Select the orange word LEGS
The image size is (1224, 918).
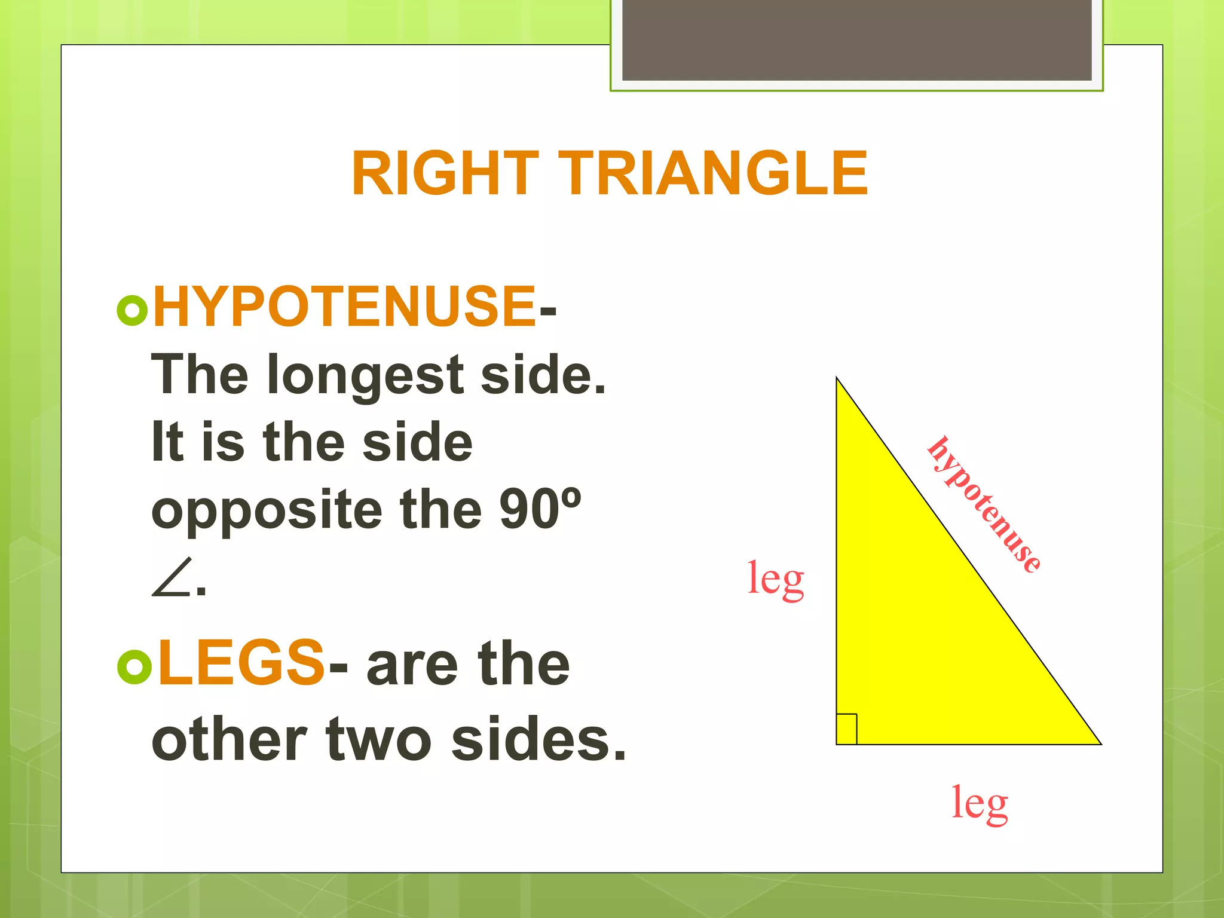(x=241, y=662)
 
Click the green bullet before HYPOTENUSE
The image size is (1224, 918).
(x=132, y=310)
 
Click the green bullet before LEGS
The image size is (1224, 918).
(x=134, y=668)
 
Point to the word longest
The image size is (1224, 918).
(x=365, y=376)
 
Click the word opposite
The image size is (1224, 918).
(x=267, y=511)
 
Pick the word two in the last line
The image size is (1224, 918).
(x=378, y=740)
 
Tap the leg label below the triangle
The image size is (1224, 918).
(x=980, y=803)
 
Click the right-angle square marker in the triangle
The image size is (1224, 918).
(x=846, y=729)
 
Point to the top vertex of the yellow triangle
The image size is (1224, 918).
(x=837, y=379)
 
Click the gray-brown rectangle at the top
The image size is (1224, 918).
(x=856, y=39)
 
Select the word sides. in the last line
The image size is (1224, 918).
(x=538, y=740)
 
